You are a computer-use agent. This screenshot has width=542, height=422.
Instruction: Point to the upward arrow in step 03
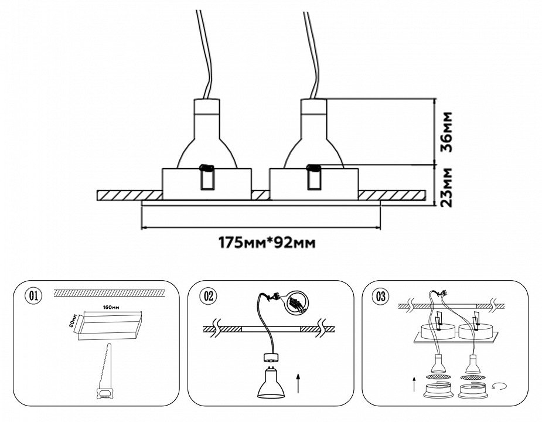pyautogui.click(x=415, y=386)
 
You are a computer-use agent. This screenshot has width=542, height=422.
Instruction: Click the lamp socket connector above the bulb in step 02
pyautogui.click(x=271, y=356)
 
